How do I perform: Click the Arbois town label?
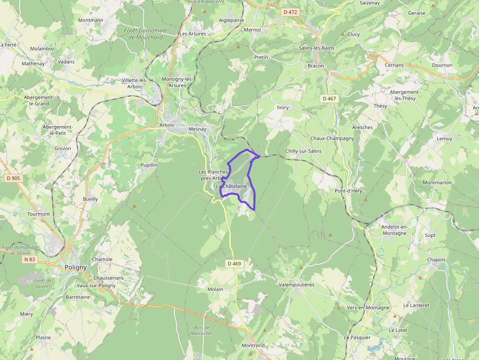(167, 125)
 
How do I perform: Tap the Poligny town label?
(75, 267)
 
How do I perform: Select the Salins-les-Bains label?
(316, 48)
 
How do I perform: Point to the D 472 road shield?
(290, 12)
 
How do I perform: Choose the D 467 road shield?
(329, 99)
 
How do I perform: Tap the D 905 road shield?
(13, 178)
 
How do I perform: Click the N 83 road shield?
(30, 259)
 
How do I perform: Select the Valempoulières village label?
(297, 284)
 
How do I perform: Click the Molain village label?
(215, 289)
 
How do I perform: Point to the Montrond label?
(253, 345)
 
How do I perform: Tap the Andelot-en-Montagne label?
(394, 230)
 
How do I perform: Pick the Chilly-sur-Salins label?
(303, 151)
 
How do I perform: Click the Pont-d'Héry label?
(348, 191)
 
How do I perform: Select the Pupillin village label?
(149, 165)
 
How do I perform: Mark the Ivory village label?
(283, 107)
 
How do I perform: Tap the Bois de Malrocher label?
(202, 330)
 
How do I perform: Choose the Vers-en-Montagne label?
(368, 308)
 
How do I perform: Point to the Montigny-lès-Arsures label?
(178, 82)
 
